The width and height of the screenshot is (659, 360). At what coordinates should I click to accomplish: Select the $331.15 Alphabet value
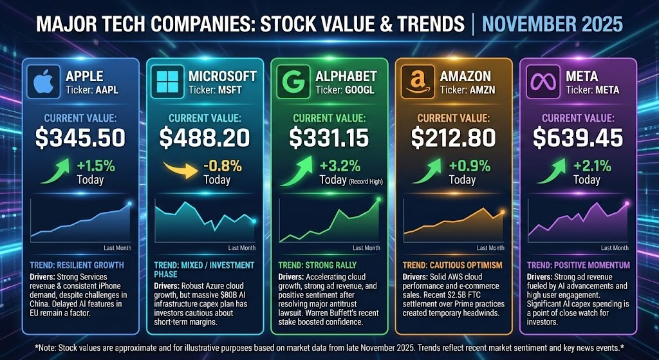(x=329, y=137)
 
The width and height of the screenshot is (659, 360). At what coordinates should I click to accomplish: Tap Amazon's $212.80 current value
(x=454, y=137)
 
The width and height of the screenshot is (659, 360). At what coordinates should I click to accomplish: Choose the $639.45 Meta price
(x=578, y=137)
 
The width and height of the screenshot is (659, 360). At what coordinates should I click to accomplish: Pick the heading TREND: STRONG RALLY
(x=317, y=265)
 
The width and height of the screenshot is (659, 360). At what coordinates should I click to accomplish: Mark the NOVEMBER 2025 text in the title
(x=552, y=24)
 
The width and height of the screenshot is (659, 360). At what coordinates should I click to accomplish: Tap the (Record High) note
(x=365, y=181)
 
